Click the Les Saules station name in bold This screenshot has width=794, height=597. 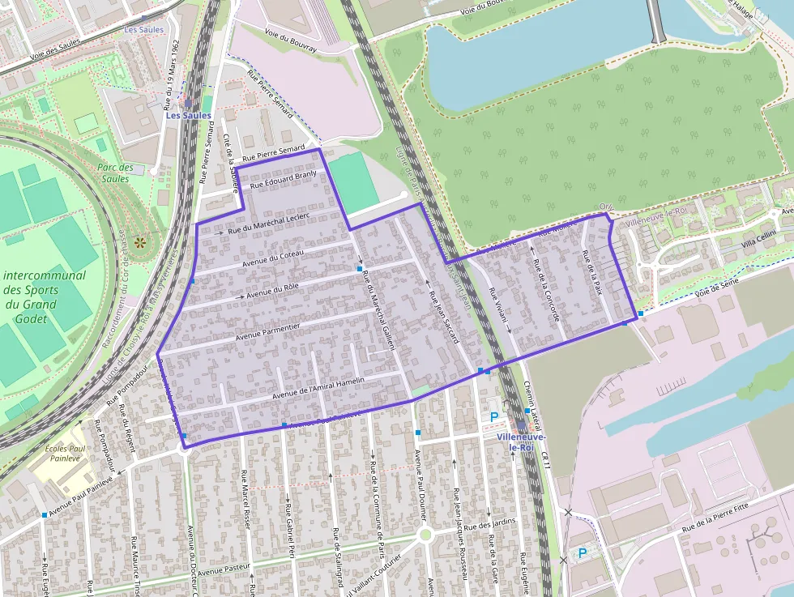pos(189,116)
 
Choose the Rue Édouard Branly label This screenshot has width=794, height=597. pos(284,180)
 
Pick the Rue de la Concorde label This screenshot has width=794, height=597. pos(547,289)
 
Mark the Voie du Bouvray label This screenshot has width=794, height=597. pos(291,41)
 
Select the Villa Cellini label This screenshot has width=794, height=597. pos(758,239)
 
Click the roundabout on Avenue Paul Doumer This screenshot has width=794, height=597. pos(424,535)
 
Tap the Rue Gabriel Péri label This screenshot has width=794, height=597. pos(289,531)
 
